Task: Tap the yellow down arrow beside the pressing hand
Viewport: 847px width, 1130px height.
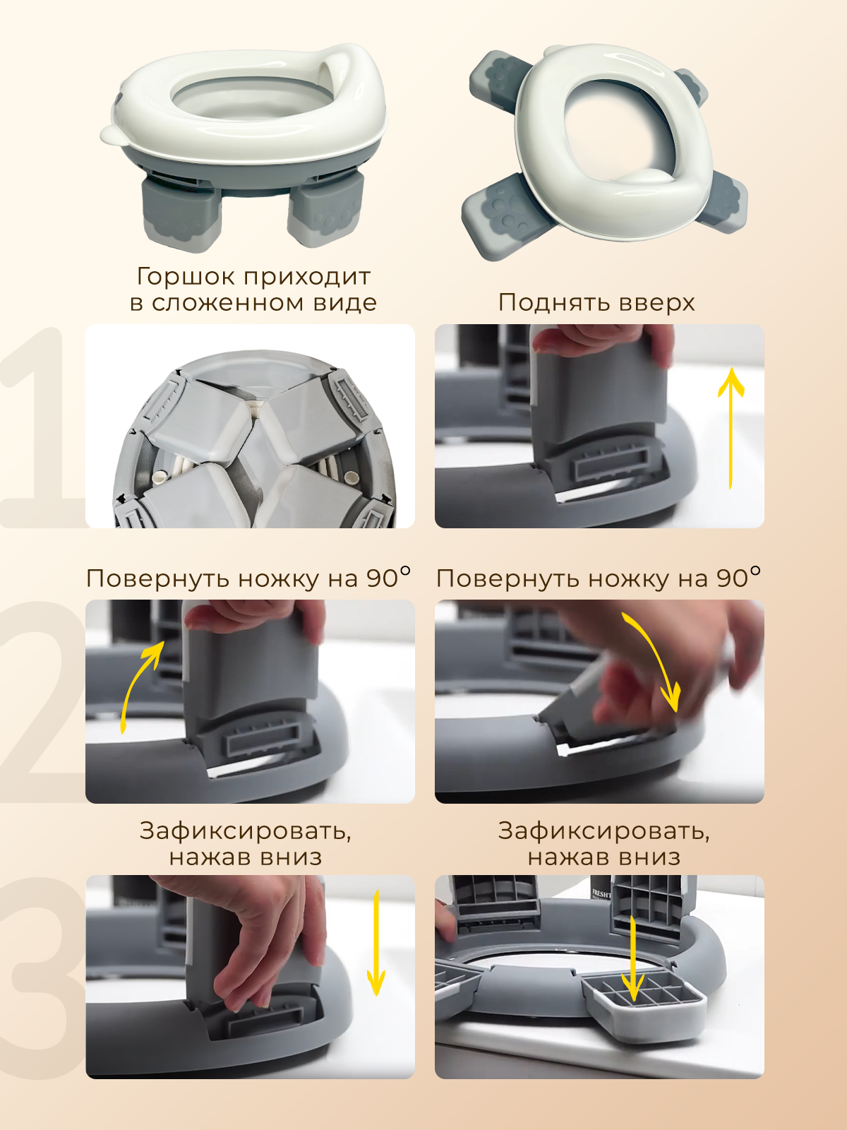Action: click(x=376, y=943)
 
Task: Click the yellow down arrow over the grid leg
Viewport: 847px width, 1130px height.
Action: click(x=633, y=958)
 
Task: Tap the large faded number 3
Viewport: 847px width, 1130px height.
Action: click(x=44, y=977)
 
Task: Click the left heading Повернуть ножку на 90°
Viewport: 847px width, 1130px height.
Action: click(x=248, y=578)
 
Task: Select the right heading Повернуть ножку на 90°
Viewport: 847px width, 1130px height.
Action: click(x=598, y=578)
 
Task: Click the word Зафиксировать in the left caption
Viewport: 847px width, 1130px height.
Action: click(x=245, y=831)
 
